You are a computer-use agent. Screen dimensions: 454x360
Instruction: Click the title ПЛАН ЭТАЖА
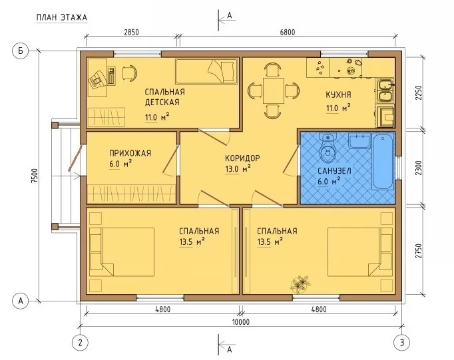(62, 18)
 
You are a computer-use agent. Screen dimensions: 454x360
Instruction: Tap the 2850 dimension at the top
(131, 32)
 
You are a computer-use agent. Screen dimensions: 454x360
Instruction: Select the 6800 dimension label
(288, 32)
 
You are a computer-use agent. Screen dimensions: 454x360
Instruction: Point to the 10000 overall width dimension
(241, 322)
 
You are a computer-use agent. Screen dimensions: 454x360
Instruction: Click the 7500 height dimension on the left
(35, 176)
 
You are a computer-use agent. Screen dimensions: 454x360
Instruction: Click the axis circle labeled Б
(21, 51)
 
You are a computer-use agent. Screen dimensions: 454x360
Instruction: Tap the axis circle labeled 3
(402, 343)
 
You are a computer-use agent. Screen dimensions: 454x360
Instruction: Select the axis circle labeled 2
(80, 343)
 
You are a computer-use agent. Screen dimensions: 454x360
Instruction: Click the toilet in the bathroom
(328, 148)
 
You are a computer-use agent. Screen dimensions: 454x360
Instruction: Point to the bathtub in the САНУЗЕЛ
(383, 162)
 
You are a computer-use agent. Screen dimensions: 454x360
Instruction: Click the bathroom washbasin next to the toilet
(359, 140)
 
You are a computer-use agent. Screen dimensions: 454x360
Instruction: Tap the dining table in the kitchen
(274, 90)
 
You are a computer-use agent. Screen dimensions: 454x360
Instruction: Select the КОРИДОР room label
(242, 158)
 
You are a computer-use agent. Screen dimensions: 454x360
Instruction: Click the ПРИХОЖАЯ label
(130, 153)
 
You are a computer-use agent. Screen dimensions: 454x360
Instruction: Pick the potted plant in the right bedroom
(300, 283)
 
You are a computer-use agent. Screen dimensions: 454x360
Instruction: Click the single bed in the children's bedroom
(206, 71)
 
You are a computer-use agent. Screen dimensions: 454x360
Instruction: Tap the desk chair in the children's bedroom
(129, 73)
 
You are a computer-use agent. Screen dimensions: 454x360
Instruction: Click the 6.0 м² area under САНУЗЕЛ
(329, 182)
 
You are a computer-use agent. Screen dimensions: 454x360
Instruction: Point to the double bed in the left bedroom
(122, 252)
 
